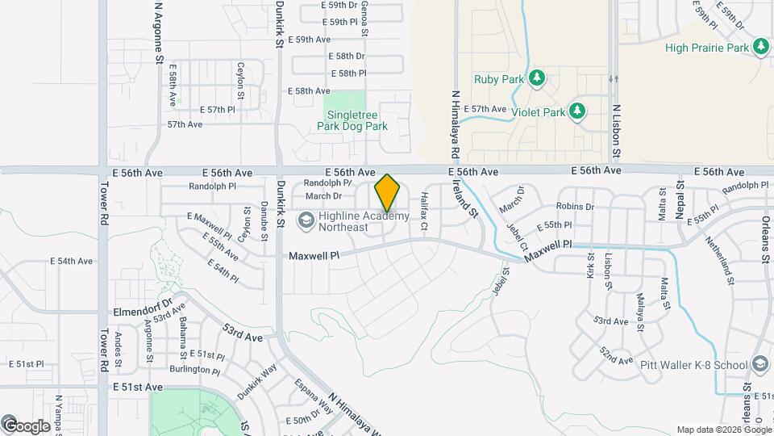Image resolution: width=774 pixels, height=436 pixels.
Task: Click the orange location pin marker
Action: pos(387,192)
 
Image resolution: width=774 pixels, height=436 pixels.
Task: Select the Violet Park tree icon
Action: pos(576,111)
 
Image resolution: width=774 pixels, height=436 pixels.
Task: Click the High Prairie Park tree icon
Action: pos(761,48)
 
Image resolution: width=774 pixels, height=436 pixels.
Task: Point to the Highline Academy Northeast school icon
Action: pos(306,220)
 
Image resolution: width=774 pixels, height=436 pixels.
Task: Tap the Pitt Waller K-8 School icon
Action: pos(759,365)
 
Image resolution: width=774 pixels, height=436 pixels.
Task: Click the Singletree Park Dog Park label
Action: pos(352,120)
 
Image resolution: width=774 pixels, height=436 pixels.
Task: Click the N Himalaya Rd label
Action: pos(456,124)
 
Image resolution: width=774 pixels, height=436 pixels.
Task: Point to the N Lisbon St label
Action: pos(616,130)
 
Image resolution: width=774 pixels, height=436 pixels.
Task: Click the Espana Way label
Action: pos(313,396)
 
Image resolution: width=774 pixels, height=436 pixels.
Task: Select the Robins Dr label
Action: pos(575,207)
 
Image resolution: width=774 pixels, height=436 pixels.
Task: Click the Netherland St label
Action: pos(720,260)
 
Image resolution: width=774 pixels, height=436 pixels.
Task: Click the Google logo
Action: pos(27,426)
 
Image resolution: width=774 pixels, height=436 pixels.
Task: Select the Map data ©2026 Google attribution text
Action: pos(722,430)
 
